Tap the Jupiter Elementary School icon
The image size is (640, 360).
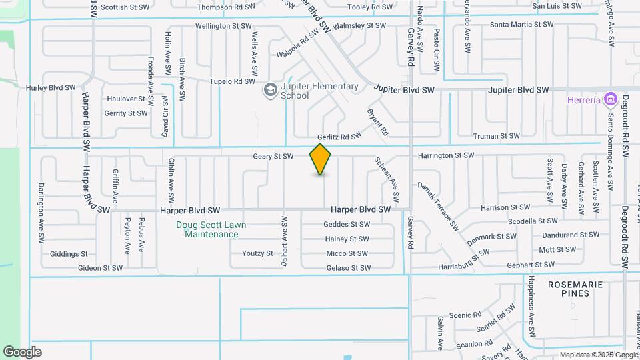[x=270, y=90]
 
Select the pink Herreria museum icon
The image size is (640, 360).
[x=609, y=100]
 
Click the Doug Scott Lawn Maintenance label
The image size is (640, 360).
[x=211, y=229]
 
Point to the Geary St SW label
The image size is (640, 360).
[x=273, y=157]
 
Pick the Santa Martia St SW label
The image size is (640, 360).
[x=522, y=24]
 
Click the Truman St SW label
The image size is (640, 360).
[x=495, y=136]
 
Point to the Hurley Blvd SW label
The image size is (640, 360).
[x=51, y=87]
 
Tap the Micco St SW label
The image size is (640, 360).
[x=347, y=253]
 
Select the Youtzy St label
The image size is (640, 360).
[x=257, y=253]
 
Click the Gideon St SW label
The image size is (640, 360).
[x=100, y=268]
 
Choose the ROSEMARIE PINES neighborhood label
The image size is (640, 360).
[x=575, y=289]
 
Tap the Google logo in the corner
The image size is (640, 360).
[x=22, y=352]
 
